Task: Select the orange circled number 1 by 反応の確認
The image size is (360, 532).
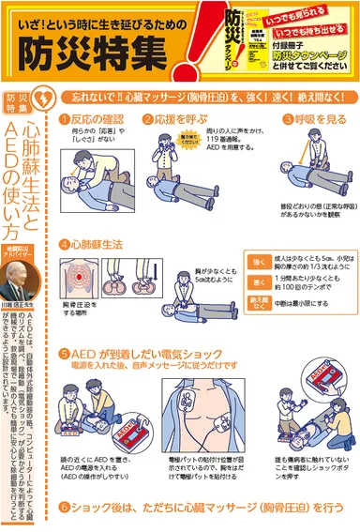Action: tap(64, 121)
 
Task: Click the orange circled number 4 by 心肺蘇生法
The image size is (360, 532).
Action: tap(64, 245)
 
